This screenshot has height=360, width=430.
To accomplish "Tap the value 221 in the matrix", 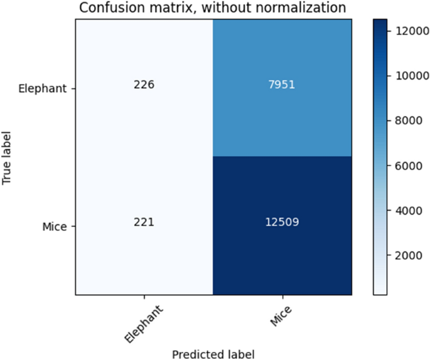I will coord(144,222).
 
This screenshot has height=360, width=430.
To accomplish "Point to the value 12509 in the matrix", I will coord(281,222).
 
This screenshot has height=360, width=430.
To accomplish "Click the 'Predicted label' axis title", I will coord(213,354).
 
